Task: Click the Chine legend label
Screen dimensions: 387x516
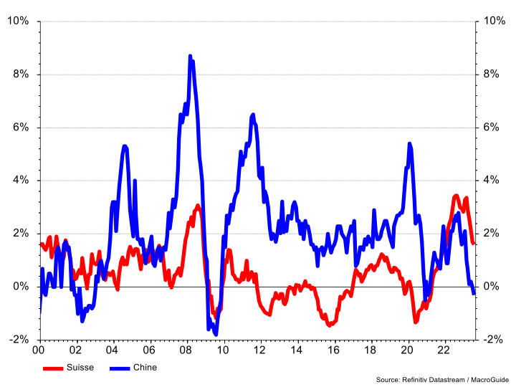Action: point(145,368)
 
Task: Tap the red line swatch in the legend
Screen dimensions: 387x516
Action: point(53,368)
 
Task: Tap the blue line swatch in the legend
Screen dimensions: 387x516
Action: point(119,368)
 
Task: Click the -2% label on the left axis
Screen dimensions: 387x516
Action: point(18,340)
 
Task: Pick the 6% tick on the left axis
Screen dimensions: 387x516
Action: point(20,128)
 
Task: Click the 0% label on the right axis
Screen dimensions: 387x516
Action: point(494,287)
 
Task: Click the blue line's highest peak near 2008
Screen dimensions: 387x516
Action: point(190,56)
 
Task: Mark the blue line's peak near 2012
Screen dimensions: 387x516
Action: point(253,115)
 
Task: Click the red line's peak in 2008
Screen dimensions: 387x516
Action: point(198,206)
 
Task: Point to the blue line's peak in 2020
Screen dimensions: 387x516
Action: point(409,144)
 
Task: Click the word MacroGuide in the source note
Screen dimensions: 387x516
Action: point(488,379)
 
